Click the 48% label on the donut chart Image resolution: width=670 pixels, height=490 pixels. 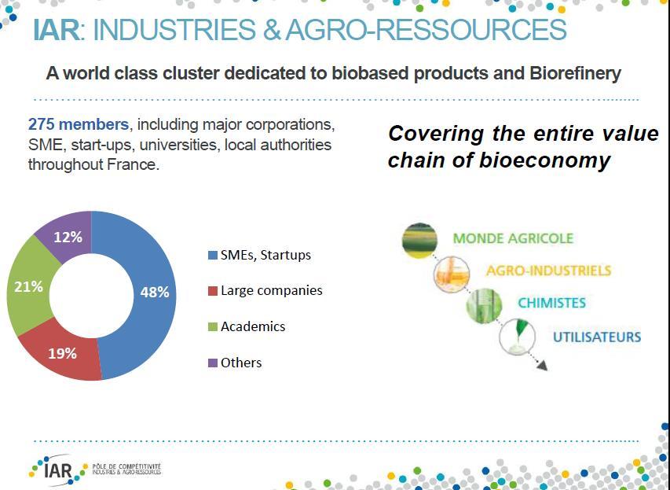(x=155, y=293)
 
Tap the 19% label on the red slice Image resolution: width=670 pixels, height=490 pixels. (x=62, y=353)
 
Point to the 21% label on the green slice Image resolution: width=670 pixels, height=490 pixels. (x=28, y=287)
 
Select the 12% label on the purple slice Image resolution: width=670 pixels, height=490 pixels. (x=68, y=237)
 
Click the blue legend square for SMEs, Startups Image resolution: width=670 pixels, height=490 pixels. (x=213, y=256)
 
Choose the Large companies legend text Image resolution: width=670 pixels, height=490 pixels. (x=271, y=290)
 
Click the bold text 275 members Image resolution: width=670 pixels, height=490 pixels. (x=79, y=124)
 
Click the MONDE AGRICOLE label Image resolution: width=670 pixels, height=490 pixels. (x=513, y=238)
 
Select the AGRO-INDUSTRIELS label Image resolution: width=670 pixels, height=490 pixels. (x=549, y=271)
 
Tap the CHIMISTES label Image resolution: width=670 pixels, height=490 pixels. (x=551, y=303)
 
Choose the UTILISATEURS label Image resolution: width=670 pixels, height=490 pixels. (x=597, y=337)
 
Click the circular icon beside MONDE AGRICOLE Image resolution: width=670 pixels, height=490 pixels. (x=419, y=241)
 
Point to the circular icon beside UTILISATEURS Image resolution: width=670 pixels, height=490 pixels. (x=517, y=337)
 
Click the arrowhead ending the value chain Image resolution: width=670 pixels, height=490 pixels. (x=542, y=366)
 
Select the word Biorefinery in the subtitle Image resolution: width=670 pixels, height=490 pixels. (x=575, y=74)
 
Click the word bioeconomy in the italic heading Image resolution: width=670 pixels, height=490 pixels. (x=545, y=160)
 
